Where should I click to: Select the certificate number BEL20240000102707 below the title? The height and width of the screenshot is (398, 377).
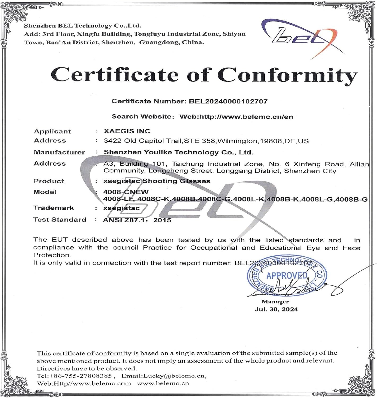[228, 101]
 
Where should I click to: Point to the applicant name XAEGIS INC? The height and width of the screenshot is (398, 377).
[127, 131]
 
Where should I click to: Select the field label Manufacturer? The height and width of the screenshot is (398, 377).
[59, 152]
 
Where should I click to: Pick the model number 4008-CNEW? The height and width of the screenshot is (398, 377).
[126, 192]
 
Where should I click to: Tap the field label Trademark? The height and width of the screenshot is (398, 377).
[54, 208]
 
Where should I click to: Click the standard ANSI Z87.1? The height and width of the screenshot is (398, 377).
[125, 220]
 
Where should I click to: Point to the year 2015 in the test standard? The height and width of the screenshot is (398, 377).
[162, 220]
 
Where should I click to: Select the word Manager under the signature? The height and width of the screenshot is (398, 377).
[275, 302]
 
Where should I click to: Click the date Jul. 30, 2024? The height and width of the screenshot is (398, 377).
[276, 309]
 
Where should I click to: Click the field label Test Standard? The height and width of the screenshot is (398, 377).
[60, 220]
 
